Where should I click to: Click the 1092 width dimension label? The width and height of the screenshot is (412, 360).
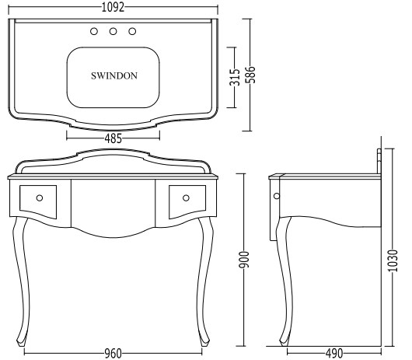pos(113,7)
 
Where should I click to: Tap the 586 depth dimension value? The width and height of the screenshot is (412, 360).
pos(250,75)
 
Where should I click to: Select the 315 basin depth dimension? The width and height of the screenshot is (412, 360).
pos(235,77)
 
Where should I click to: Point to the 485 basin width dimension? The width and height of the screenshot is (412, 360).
pos(113,138)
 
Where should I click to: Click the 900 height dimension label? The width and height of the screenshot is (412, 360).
pos(243,260)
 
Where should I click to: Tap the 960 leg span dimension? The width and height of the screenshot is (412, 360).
pos(113,354)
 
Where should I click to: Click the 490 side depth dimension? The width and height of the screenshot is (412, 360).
pos(334,354)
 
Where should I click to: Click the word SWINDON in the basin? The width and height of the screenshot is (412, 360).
pos(114,75)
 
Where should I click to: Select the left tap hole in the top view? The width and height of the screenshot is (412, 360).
pos(94,31)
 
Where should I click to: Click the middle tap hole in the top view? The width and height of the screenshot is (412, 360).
pos(113,31)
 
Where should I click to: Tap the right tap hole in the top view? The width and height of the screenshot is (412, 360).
pos(132,31)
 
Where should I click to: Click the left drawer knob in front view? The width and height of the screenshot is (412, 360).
pos(40,197)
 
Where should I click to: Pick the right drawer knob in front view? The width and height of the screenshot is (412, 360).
pos(186,197)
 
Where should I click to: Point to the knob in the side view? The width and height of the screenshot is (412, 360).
pos(277,196)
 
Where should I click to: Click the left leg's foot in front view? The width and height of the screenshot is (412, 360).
pos(21,341)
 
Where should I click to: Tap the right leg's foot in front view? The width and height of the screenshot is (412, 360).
pos(204,341)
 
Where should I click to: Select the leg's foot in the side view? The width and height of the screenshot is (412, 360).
pos(284,341)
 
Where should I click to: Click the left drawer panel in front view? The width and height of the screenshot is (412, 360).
pos(38,202)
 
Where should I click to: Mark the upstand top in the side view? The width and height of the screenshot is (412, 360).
pos(379,151)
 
